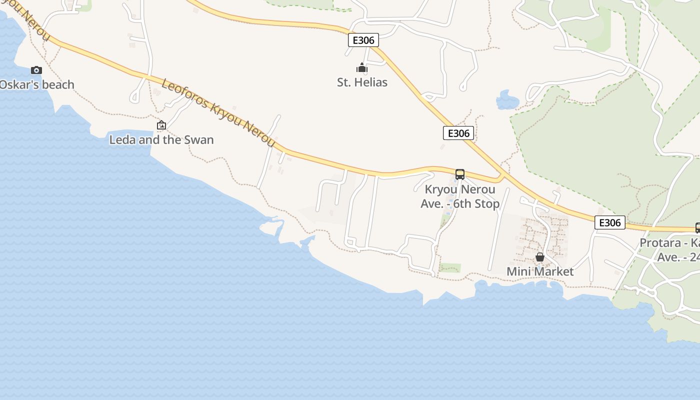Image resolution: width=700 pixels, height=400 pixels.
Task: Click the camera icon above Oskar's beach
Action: [36, 70]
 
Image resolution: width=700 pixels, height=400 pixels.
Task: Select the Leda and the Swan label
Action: [161, 140]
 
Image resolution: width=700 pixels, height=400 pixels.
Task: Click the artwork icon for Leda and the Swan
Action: [161, 125]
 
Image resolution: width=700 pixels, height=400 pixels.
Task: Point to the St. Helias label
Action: [362, 82]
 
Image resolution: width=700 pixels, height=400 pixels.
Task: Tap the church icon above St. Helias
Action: [362, 67]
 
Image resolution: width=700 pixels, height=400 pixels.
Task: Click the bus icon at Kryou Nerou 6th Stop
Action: [459, 174]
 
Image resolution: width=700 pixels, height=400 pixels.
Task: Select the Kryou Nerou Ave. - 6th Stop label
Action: [460, 196]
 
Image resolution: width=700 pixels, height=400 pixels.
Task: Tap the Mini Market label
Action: [540, 271]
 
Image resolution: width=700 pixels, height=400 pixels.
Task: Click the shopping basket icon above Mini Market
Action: [540, 257]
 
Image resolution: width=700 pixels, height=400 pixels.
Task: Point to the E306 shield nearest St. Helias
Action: [363, 40]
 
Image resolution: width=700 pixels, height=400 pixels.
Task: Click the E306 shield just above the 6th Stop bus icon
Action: [458, 133]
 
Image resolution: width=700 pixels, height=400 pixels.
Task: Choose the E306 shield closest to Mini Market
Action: [609, 222]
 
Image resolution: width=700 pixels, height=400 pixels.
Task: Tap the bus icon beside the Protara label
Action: [697, 228]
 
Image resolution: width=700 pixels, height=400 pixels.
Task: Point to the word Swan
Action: [199, 140]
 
